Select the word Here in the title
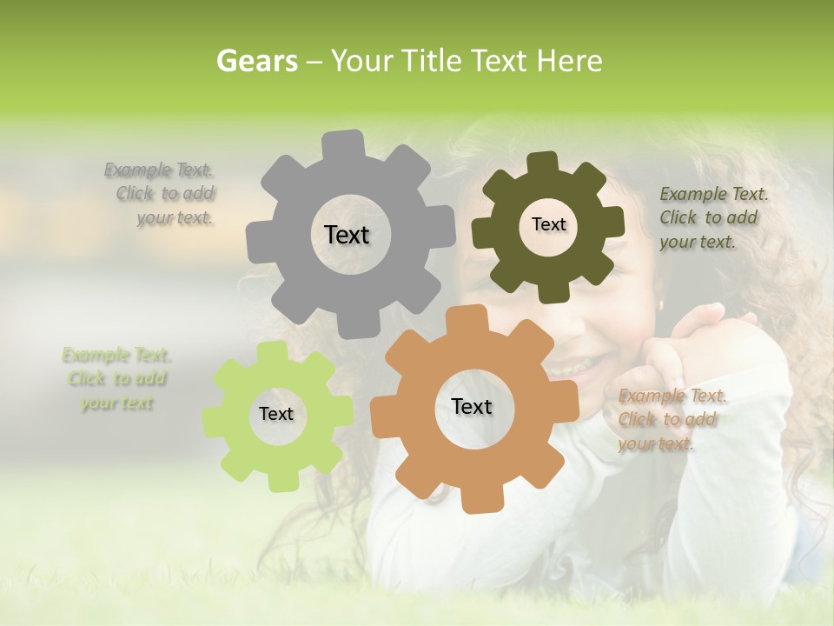[569, 61]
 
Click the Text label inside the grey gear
[347, 235]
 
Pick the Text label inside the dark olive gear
[548, 224]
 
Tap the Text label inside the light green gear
[276, 415]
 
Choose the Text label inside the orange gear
[472, 407]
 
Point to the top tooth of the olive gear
[542, 163]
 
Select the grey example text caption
[161, 194]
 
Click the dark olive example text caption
[712, 217]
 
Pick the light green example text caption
[116, 379]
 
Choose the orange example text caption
[672, 420]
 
